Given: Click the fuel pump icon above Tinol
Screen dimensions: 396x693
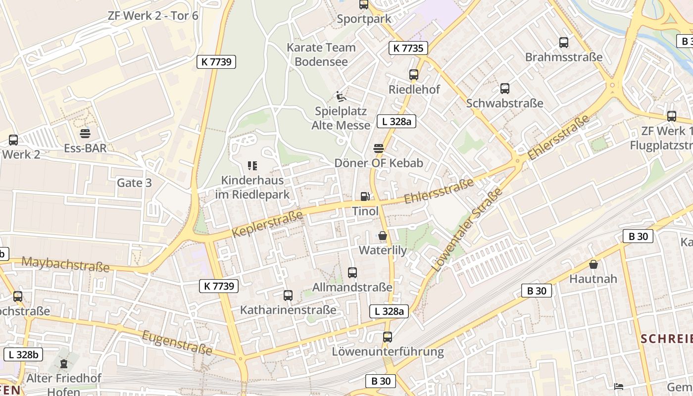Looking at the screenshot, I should click(365, 197).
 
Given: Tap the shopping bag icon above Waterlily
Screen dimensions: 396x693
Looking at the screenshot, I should click(383, 236).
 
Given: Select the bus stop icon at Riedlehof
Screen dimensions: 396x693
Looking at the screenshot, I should click(414, 75).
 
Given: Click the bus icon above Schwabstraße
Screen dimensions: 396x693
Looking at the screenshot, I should click(504, 89).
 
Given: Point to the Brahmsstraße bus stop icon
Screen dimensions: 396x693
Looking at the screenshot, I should click(564, 43).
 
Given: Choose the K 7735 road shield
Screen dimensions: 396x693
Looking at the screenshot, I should click(408, 48).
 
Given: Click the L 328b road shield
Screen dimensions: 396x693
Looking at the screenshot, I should click(23, 354).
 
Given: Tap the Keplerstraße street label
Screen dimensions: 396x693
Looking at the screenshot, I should click(267, 223).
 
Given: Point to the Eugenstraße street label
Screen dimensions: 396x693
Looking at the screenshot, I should click(177, 343).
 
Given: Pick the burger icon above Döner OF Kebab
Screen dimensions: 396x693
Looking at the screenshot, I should click(379, 148).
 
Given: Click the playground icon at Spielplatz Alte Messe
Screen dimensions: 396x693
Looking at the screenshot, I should click(340, 96).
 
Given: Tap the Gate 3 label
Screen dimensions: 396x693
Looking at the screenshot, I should click(134, 183).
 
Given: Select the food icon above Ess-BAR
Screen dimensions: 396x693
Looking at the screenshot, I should click(85, 133).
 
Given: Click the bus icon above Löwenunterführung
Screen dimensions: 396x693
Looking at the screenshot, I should click(388, 337).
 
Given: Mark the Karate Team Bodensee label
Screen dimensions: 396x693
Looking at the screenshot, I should click(321, 54).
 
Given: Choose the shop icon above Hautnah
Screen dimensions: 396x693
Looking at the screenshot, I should click(594, 264).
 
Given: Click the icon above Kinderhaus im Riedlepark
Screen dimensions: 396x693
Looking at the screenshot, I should click(252, 165).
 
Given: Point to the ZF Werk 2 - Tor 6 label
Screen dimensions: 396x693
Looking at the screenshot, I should click(153, 15).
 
